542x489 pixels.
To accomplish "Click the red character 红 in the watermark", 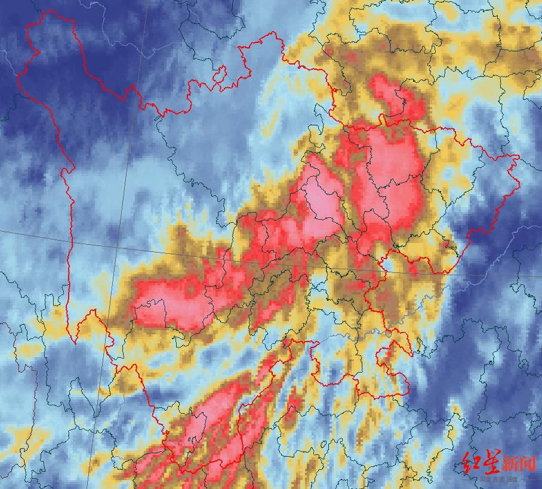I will click(x=471, y=463).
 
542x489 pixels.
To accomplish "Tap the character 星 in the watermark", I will click(x=491, y=463).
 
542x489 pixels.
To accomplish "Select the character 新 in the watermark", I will click(x=510, y=463).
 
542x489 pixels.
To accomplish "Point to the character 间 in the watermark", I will click(x=528, y=463).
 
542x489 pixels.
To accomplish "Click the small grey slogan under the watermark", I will click(x=499, y=479).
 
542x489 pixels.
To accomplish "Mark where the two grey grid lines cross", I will click(x=117, y=247).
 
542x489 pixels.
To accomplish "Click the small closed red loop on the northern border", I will click(x=220, y=74).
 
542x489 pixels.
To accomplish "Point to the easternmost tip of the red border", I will click(x=519, y=157).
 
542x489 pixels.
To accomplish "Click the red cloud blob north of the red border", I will click(x=394, y=96).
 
